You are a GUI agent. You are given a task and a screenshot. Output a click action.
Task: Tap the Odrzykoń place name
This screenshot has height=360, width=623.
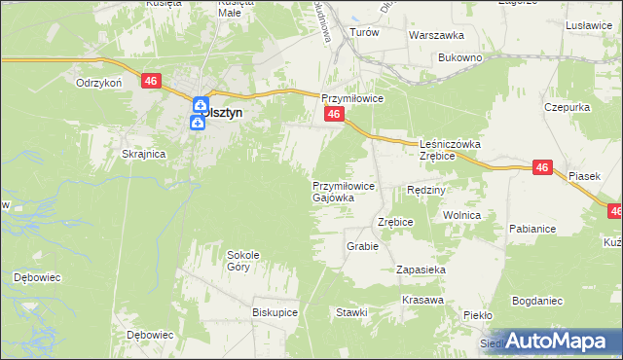click(98, 83)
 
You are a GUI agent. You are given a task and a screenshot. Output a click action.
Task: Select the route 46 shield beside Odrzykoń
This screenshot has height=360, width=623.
click(150, 82)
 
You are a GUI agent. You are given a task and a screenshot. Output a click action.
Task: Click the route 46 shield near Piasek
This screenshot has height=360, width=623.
click(543, 168)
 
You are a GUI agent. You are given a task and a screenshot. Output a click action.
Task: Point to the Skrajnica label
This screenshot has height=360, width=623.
click(144, 154)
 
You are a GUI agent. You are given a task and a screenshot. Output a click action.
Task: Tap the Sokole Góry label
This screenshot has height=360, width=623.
click(243, 260)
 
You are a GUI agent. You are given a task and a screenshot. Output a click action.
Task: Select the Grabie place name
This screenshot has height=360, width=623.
click(361, 246)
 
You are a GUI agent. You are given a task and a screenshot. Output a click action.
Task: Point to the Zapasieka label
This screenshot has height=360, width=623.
click(421, 269)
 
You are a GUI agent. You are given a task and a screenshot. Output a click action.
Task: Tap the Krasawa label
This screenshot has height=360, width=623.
click(421, 299)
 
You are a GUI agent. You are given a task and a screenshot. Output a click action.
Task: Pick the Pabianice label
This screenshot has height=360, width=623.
click(531, 229)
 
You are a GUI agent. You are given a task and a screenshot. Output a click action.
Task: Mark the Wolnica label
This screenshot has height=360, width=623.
click(461, 215)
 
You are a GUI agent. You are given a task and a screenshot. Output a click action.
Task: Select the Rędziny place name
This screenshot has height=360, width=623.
click(426, 190)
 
